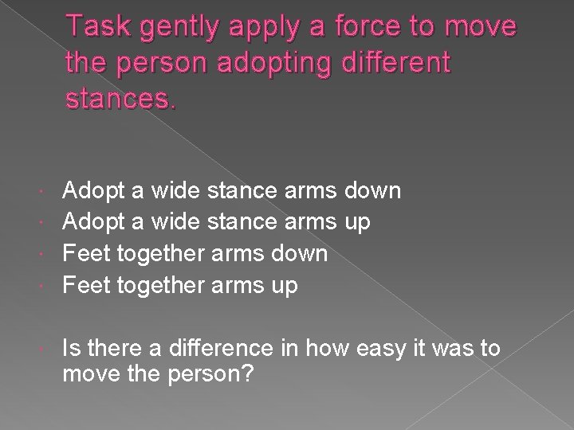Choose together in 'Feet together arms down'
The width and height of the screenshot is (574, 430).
click(162, 254)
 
